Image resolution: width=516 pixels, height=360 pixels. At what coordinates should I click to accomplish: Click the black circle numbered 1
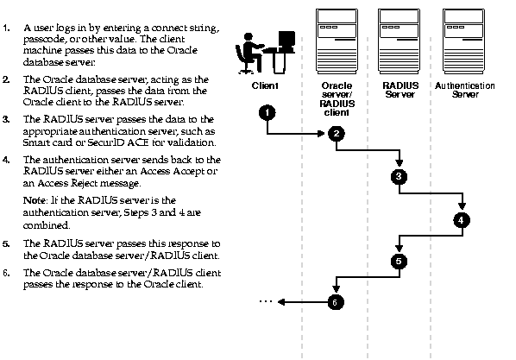(267, 112)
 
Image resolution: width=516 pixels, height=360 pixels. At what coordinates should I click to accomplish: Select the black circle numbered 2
(337, 134)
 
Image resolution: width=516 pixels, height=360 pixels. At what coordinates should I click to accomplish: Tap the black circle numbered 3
(399, 176)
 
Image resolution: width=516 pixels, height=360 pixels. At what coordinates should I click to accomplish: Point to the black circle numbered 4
(462, 220)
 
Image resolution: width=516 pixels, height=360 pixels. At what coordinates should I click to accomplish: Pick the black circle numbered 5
(399, 262)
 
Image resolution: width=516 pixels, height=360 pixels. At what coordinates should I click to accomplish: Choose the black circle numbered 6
(336, 302)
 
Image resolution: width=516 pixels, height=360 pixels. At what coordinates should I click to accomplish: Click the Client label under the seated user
(265, 85)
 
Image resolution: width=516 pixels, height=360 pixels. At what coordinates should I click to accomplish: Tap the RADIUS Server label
(400, 90)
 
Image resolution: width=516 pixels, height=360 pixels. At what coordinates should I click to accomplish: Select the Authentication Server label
(465, 90)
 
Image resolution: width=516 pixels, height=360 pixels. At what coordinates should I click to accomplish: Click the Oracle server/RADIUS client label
(337, 98)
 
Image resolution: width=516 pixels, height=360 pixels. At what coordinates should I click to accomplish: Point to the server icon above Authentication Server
(463, 41)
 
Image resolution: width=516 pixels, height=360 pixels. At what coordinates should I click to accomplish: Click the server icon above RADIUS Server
(399, 41)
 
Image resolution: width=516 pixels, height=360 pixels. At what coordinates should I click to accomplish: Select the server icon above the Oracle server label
(337, 41)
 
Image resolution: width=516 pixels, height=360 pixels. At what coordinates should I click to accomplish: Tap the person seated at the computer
(248, 53)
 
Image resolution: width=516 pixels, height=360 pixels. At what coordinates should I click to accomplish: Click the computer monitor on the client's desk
(286, 41)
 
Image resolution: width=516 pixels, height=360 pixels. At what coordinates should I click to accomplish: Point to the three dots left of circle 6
(265, 301)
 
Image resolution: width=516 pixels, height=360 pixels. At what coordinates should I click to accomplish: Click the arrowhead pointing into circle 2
(321, 134)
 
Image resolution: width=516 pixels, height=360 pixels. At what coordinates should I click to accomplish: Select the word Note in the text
(35, 200)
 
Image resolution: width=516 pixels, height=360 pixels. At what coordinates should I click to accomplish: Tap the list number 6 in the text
(6, 273)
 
